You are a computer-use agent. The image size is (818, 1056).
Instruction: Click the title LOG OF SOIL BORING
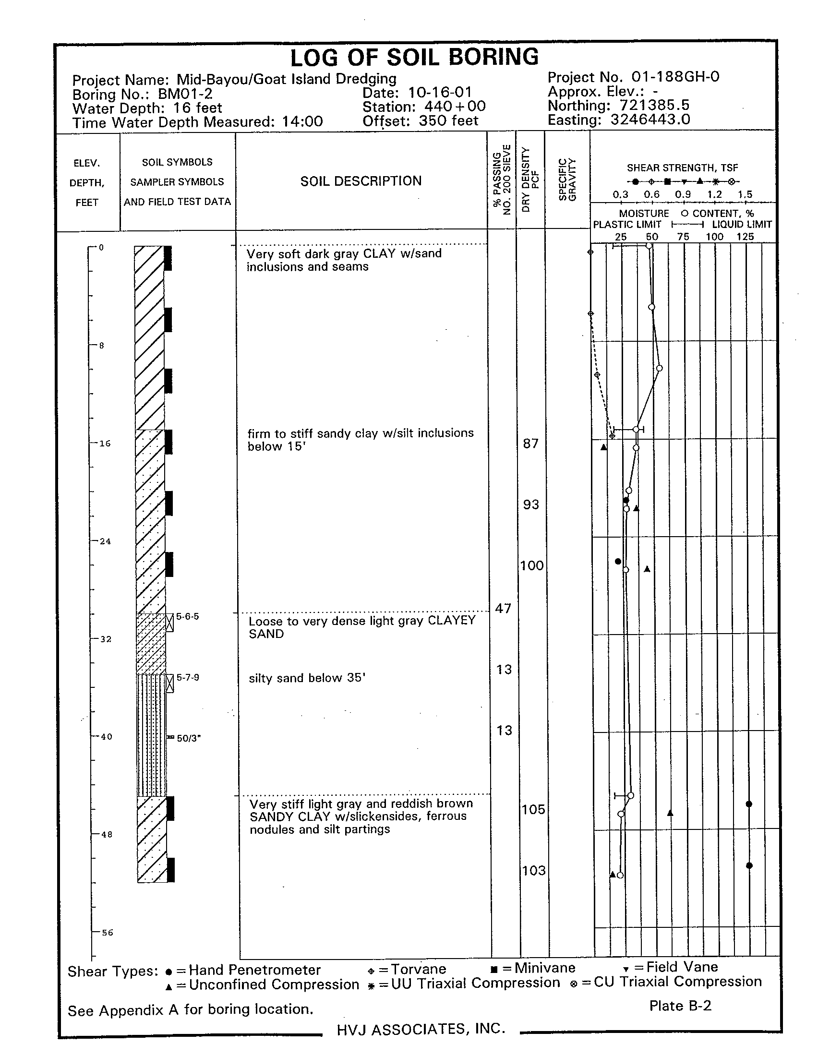[414, 58]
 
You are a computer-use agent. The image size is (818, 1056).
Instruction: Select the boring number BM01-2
[185, 94]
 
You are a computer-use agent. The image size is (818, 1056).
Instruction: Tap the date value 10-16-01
[439, 92]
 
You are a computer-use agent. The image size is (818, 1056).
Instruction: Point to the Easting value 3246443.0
[650, 120]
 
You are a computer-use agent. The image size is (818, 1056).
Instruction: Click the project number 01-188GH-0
[675, 77]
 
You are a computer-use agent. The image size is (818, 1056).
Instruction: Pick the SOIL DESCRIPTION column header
[361, 181]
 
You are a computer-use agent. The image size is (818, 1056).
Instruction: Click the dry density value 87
[530, 444]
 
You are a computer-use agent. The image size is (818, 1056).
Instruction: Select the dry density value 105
[533, 809]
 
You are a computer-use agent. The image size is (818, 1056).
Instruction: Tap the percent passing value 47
[503, 608]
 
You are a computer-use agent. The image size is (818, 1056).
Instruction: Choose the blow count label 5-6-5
[187, 616]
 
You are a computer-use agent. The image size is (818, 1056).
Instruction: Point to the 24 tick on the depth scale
[105, 541]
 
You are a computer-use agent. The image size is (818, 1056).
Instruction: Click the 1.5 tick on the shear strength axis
[745, 195]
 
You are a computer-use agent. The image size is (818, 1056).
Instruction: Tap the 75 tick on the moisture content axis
[683, 237]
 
